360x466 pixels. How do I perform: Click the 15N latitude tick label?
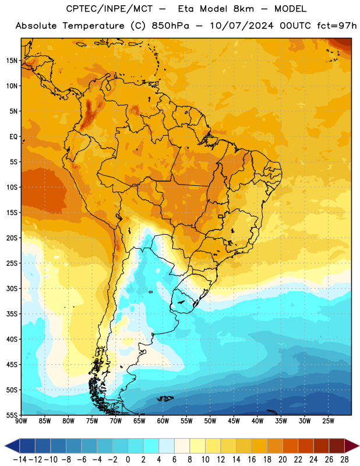(12, 61)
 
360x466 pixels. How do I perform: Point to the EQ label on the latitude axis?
(13, 137)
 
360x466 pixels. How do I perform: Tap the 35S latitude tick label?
(12, 314)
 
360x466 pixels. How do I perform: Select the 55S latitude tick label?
(12, 415)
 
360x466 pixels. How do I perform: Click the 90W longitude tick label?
(21, 421)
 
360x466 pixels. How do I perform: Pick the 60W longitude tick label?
(163, 421)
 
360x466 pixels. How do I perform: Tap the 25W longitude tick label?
(328, 421)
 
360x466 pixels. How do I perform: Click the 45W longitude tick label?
(234, 421)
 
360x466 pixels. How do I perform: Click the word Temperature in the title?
(93, 26)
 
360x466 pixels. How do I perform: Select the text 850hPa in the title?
(170, 26)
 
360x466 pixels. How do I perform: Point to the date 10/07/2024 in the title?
(242, 26)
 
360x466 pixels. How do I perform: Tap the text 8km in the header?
(243, 9)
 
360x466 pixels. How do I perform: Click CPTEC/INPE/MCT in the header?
(109, 9)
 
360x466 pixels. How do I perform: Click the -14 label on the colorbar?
(20, 460)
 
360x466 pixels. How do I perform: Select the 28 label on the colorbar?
(344, 460)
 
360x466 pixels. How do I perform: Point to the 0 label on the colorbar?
(128, 460)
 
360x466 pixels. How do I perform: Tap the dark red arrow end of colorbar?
(352, 446)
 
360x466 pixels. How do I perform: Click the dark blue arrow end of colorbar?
(12, 446)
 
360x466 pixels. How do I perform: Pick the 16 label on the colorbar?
(252, 460)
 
